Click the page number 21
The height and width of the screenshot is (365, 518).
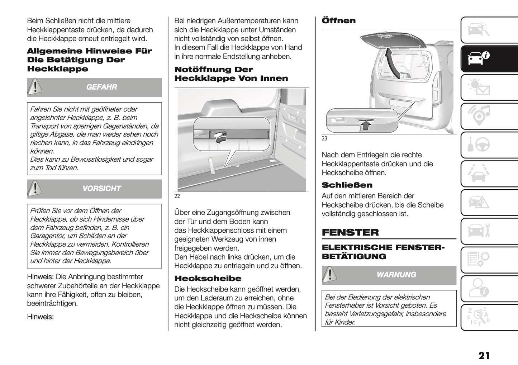tap(484, 356)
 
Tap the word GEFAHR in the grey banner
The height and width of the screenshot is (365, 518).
tap(101, 87)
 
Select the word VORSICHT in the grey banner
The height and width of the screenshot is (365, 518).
tap(101, 189)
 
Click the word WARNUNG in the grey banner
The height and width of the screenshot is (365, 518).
tap(396, 275)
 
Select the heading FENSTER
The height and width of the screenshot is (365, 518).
tap(350, 232)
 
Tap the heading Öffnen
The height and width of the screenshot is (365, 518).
tap(339, 21)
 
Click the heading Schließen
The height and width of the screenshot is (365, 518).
tap(347, 185)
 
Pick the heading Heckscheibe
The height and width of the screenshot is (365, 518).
tap(208, 279)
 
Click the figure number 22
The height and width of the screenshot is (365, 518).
tap(177, 196)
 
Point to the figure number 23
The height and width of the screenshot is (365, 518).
tap(324, 139)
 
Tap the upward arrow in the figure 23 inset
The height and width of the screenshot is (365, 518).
tap(365, 124)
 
